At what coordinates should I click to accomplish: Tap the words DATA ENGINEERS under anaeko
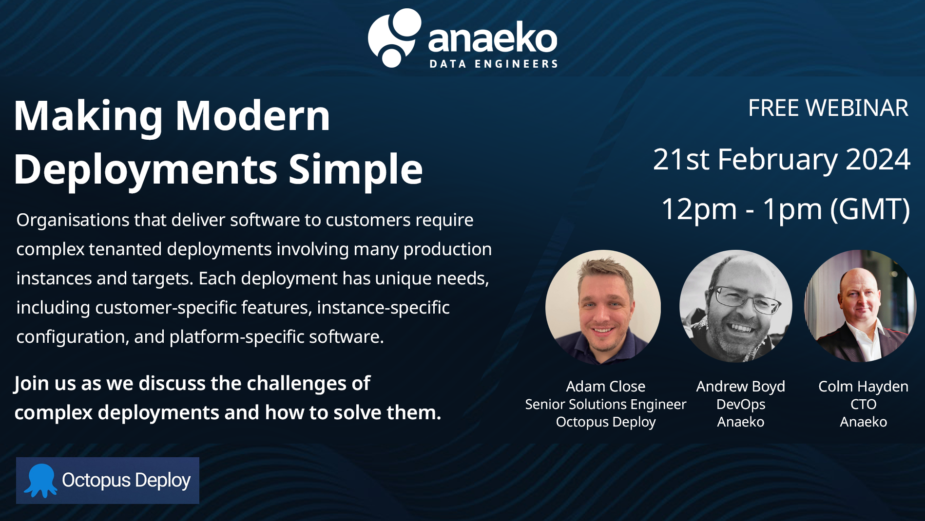click(493, 64)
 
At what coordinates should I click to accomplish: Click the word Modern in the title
click(252, 116)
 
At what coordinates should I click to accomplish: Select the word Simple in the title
click(355, 169)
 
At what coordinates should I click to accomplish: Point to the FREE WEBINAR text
click(828, 108)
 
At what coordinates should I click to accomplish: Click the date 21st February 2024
click(781, 159)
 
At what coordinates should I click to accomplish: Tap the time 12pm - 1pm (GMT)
click(785, 209)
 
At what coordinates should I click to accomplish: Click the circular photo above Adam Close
click(603, 307)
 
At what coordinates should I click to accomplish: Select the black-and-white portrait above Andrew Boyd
click(735, 306)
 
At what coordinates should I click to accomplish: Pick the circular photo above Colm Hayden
click(860, 306)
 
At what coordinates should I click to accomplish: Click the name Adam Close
click(605, 387)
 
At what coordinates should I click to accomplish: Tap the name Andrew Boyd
click(740, 387)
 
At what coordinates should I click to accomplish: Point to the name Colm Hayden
click(863, 387)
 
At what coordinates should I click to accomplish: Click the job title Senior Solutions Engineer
click(605, 404)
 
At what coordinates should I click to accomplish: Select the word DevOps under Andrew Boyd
click(740, 404)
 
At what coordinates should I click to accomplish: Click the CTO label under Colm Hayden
click(863, 404)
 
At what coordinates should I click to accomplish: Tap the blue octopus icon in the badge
click(41, 480)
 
